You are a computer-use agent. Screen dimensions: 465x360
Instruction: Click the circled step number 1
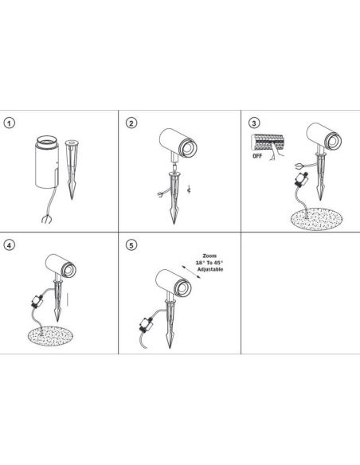click(10, 123)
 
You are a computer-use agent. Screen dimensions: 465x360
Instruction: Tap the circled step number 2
click(131, 123)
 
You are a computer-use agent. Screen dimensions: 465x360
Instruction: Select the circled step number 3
click(253, 123)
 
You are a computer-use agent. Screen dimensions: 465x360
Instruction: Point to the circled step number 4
click(10, 244)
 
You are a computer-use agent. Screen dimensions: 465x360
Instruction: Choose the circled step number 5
click(131, 244)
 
